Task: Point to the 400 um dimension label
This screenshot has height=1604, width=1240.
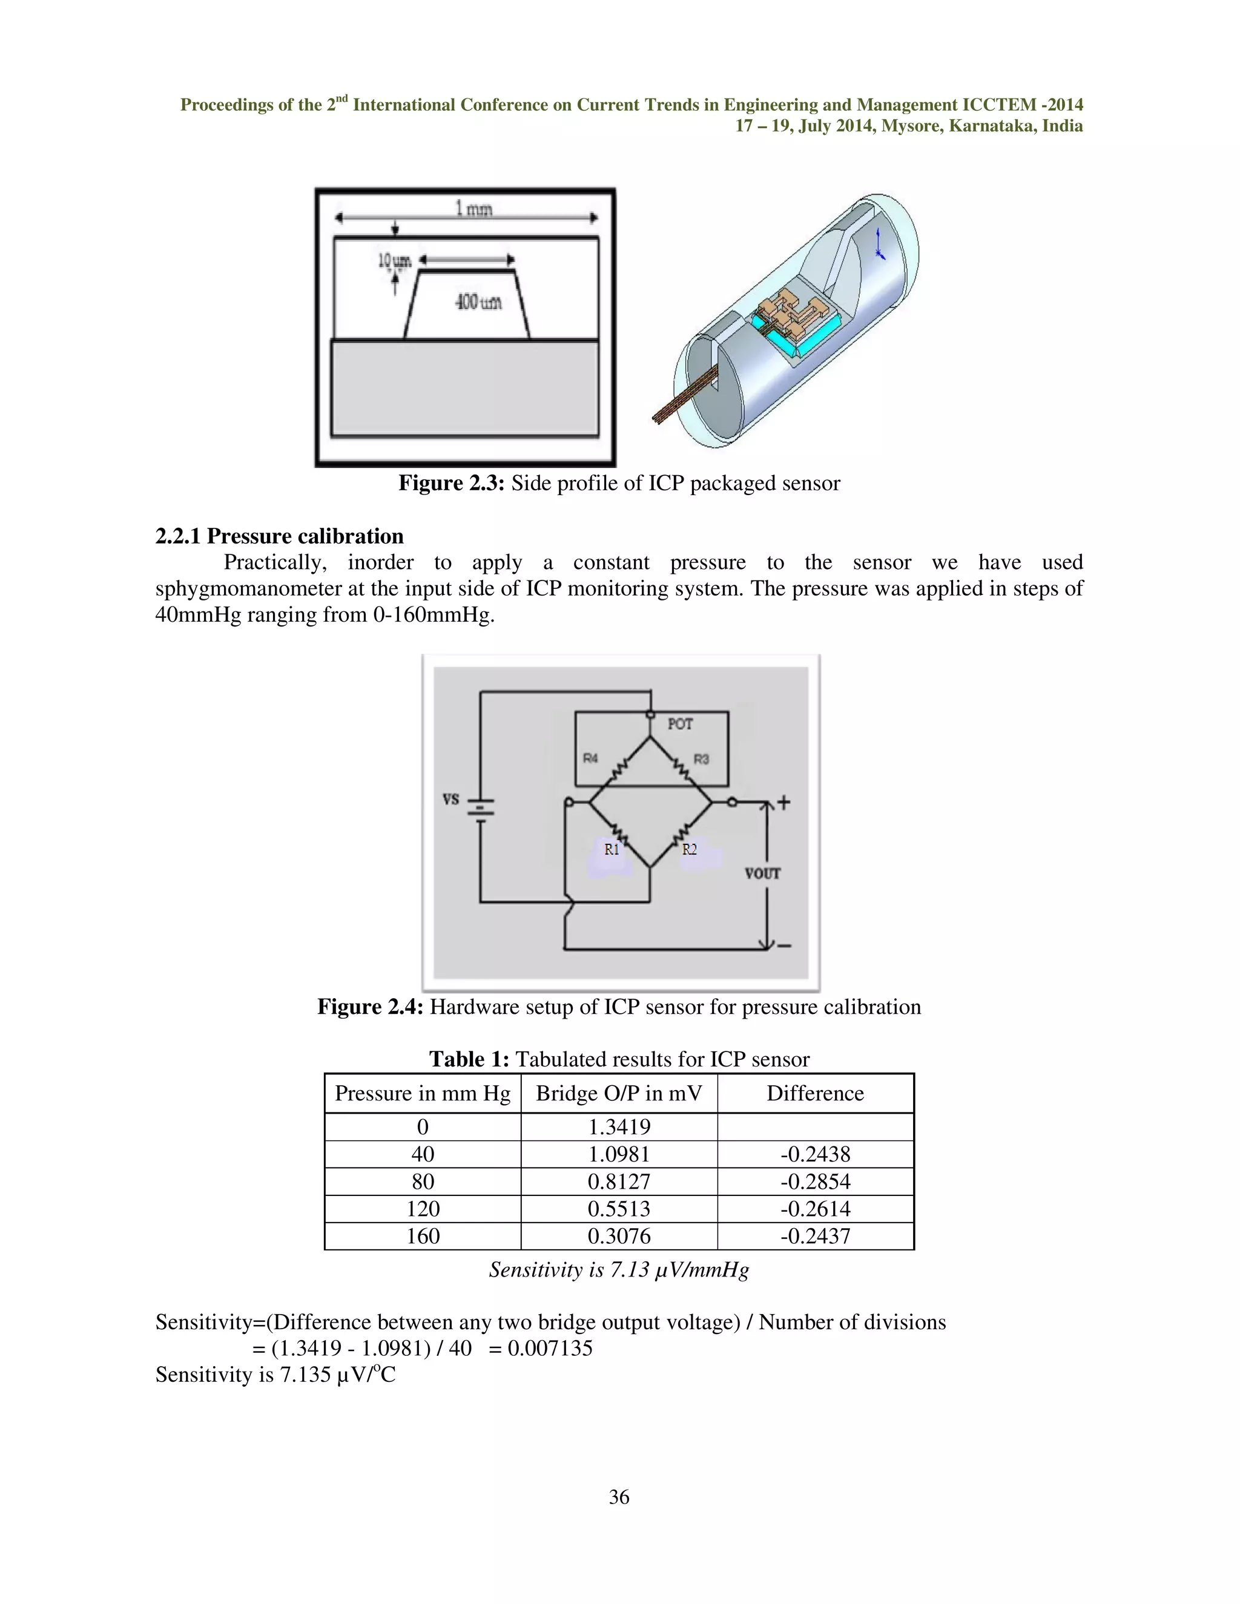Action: tap(479, 302)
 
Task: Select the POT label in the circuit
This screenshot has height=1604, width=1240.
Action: tap(679, 724)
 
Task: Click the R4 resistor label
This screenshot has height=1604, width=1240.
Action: tap(590, 758)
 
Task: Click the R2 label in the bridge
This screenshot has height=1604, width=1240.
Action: tap(689, 850)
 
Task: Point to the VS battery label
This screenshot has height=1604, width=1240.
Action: tap(450, 799)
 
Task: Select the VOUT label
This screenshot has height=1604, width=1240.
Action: tap(762, 873)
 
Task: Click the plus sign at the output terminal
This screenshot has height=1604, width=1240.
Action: tap(784, 802)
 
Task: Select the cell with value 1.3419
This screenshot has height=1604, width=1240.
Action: tap(619, 1126)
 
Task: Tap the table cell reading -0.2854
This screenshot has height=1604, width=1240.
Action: tap(815, 1181)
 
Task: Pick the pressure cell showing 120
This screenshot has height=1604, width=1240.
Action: tap(423, 1208)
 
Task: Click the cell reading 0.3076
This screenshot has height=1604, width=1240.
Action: tap(619, 1235)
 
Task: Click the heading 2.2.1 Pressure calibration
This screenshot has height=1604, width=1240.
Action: tap(279, 536)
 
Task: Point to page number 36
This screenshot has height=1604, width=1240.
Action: tap(619, 1497)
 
